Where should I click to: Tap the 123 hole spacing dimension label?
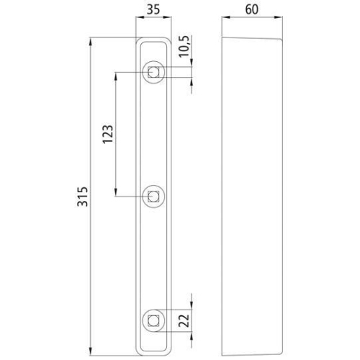point(107,134)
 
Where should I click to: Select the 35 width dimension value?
point(153,10)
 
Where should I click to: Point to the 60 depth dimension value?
point(252,10)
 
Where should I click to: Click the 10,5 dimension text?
point(185,46)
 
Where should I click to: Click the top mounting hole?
point(153,72)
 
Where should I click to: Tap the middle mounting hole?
point(153,194)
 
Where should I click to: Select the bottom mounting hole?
point(153,318)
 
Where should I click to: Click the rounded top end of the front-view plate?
point(153,40)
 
